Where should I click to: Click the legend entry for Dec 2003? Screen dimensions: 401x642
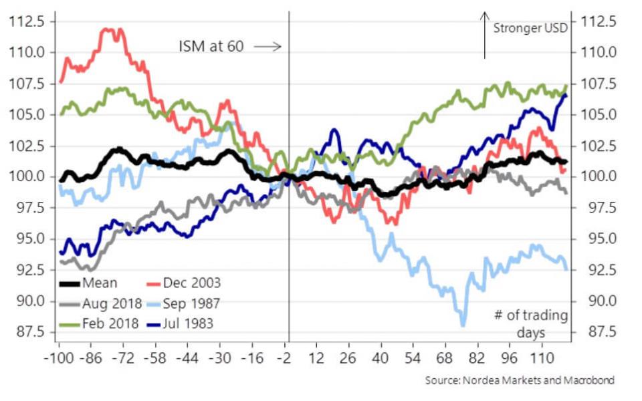(181, 283)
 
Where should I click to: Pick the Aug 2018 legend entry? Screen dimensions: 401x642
(100, 303)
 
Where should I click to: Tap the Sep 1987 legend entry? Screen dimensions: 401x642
(181, 303)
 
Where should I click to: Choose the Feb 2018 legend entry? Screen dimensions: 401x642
(100, 323)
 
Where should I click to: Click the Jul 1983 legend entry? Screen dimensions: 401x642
(181, 323)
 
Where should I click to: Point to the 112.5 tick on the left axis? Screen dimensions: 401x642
(27, 21)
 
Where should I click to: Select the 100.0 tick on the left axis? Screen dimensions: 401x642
(27, 176)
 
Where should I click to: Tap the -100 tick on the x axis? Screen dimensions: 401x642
(59, 358)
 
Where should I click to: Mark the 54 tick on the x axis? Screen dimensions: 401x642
(413, 358)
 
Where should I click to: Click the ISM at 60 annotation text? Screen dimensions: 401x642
(211, 46)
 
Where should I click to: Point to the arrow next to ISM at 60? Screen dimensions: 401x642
(268, 46)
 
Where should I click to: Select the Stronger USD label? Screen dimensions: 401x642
(530, 28)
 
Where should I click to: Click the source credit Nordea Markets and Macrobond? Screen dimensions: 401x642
(519, 380)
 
